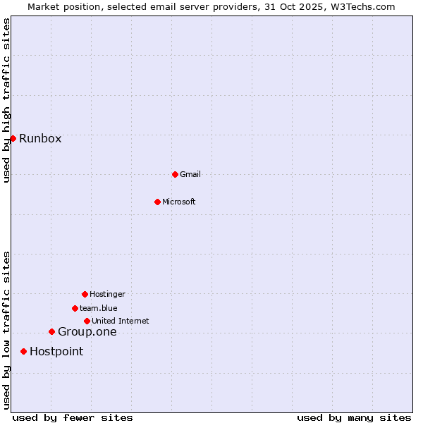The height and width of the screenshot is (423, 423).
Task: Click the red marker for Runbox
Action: [13, 138]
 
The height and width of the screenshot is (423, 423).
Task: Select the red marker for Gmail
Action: [175, 174]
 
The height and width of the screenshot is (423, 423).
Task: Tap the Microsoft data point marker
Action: [157, 202]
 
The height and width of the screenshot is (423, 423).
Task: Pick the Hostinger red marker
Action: [85, 294]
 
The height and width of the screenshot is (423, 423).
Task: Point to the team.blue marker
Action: [75, 308]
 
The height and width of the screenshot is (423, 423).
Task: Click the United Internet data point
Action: [87, 321]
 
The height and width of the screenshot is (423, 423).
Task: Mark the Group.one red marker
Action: [51, 331]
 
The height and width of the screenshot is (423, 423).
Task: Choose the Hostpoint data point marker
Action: [23, 351]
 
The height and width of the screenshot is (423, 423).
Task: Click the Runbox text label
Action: [40, 138]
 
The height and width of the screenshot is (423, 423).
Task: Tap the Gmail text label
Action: [190, 174]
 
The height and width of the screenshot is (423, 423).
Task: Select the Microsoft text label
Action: [179, 202]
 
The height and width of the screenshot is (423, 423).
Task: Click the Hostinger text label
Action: [107, 294]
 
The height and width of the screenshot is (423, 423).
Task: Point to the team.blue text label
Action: [99, 308]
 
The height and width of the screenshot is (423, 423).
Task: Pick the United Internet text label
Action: [121, 321]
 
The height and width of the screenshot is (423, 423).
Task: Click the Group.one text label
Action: [87, 332]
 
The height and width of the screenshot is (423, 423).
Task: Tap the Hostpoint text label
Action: [56, 352]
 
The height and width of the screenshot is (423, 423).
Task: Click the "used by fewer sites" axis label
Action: [73, 417]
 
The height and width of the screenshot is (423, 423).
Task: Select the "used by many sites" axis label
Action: [354, 417]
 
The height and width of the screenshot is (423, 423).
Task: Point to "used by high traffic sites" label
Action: [6, 100]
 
